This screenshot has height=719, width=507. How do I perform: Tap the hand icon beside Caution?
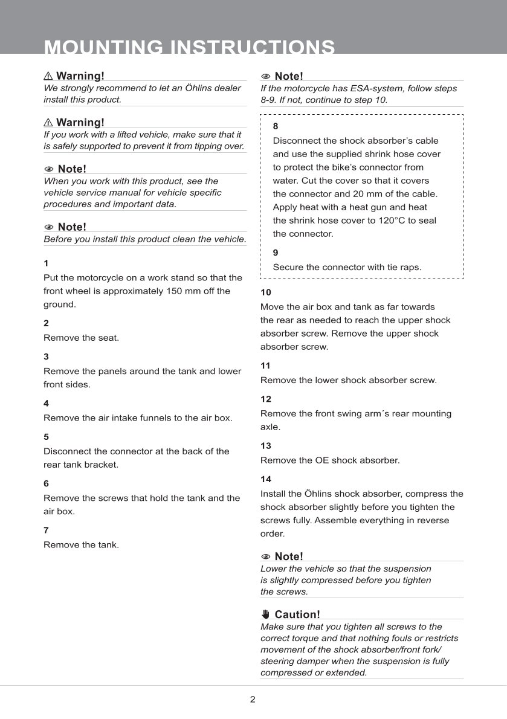pos(265,614)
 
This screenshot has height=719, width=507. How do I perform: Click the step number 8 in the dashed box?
pos(276,127)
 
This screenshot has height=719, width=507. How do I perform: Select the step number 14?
pos(266,479)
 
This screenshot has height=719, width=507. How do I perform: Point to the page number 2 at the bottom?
pos(253,700)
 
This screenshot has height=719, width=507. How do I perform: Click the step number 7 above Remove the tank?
pos(46,530)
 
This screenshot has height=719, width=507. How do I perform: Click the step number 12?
pos(266,399)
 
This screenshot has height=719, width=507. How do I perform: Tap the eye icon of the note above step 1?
pos(49,227)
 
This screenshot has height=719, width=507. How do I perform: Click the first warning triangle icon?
pos(48,76)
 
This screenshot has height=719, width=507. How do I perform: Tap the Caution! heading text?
pos(297,614)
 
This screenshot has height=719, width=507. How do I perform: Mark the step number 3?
pos(46,356)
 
